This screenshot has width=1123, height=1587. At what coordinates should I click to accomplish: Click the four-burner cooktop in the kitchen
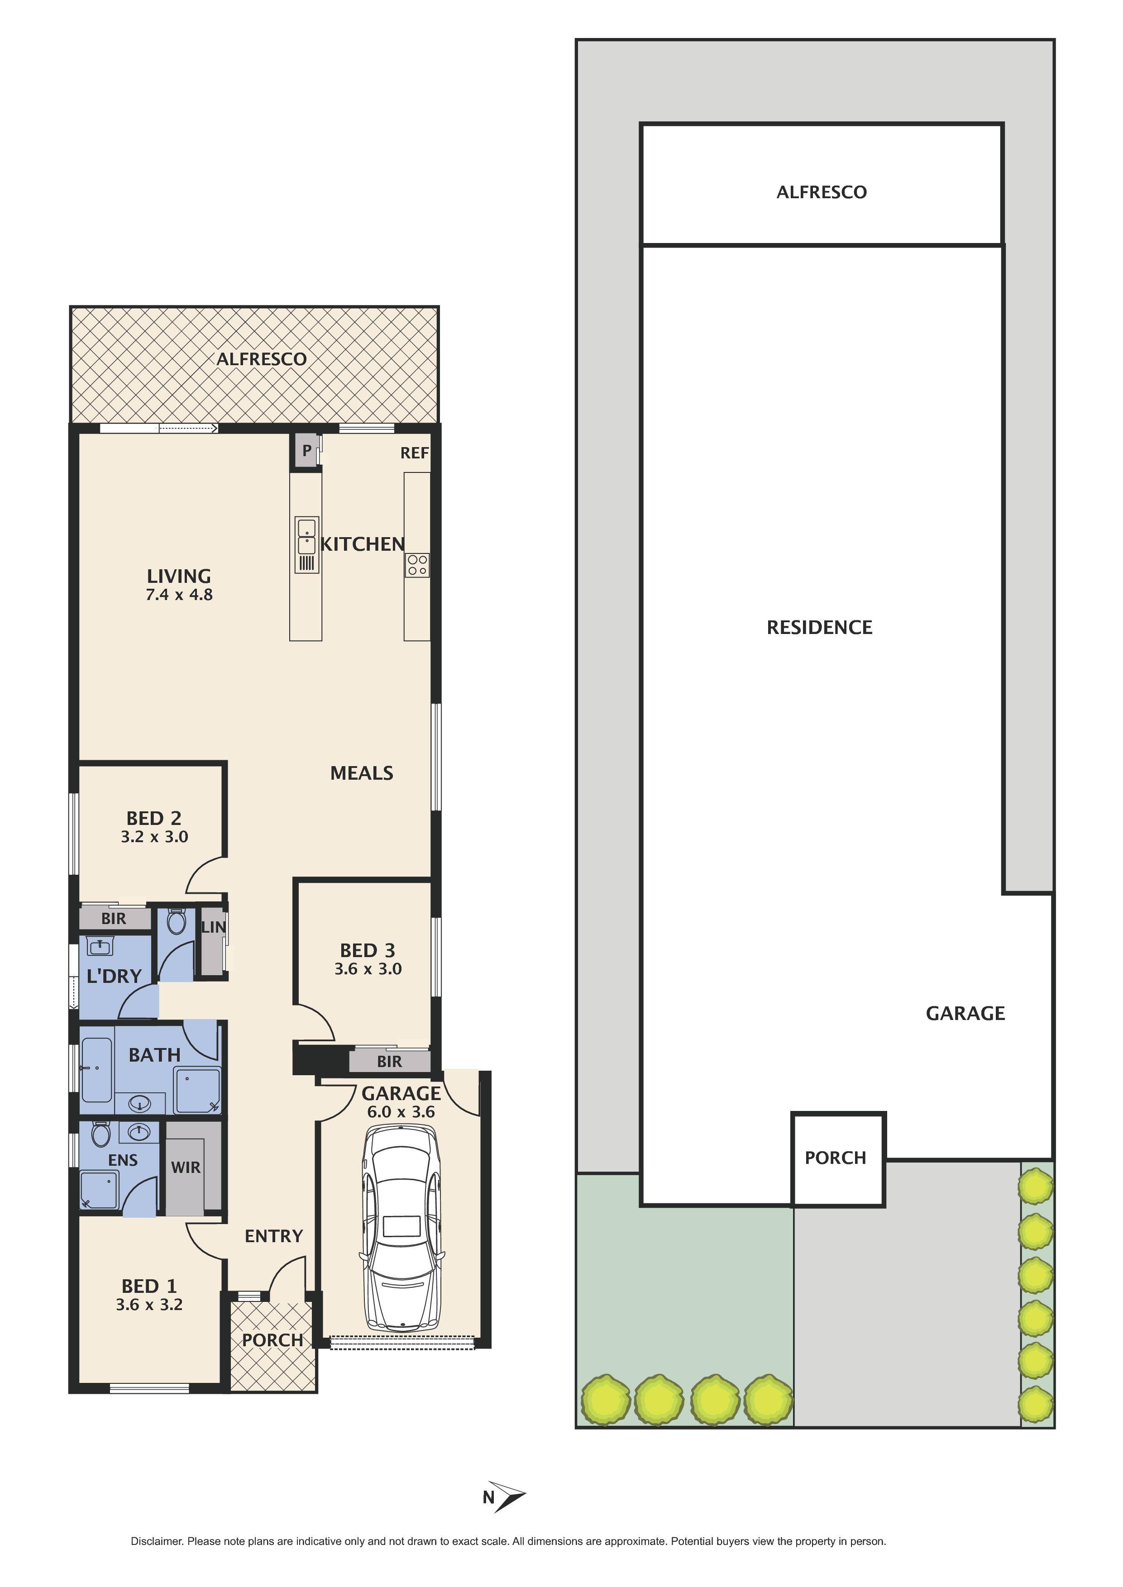417,565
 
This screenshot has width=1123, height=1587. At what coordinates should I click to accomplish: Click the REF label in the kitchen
414,453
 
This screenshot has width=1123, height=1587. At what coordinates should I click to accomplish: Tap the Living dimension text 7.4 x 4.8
179,595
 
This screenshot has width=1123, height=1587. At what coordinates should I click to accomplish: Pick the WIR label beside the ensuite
185,1168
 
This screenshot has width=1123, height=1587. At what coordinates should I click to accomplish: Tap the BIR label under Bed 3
389,1062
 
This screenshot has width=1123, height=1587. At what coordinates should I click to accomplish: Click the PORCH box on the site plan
835,1158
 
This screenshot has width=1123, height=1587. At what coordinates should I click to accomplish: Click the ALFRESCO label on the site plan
822,192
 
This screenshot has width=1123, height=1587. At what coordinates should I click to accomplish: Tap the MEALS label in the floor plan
362,773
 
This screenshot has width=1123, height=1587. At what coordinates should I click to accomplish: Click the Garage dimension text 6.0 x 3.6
401,1112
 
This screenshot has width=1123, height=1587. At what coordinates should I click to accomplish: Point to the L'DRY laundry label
114,976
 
